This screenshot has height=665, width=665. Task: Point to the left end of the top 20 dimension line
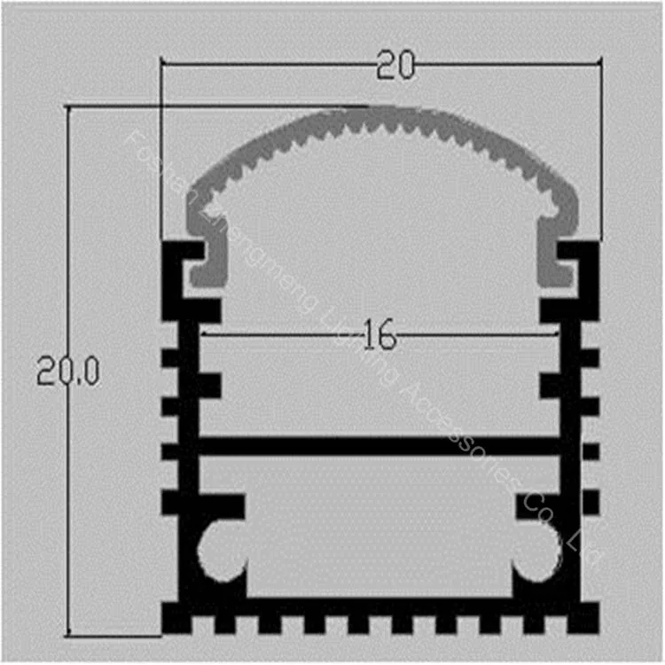point(161,62)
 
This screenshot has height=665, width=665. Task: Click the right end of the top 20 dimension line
point(601,62)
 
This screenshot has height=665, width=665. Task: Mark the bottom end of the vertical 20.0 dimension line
point(68,635)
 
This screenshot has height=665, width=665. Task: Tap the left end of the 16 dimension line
point(202,334)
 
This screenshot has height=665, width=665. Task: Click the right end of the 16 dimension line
point(558,334)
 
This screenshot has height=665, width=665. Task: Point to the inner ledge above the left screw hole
point(213,506)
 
